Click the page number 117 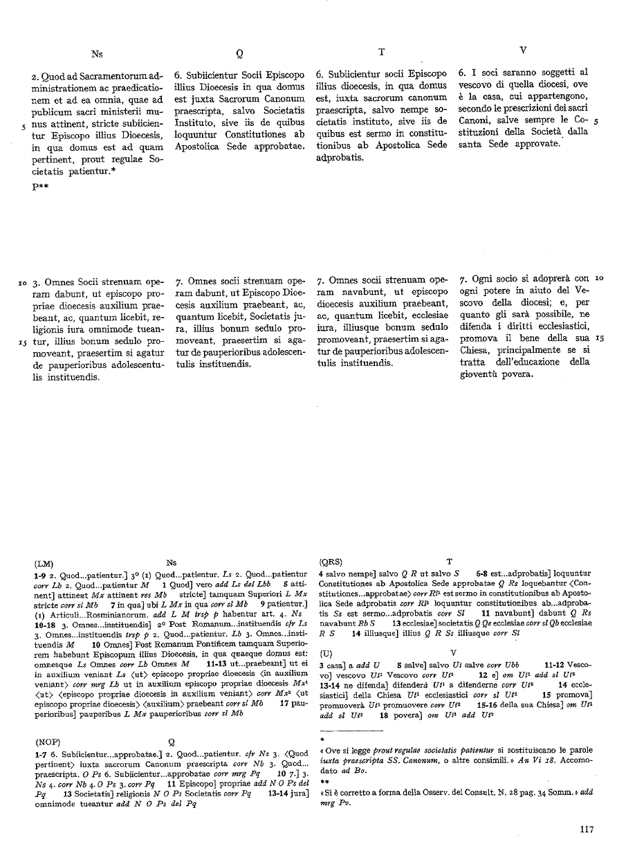pos(587,830)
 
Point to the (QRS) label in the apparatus pos(335,562)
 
